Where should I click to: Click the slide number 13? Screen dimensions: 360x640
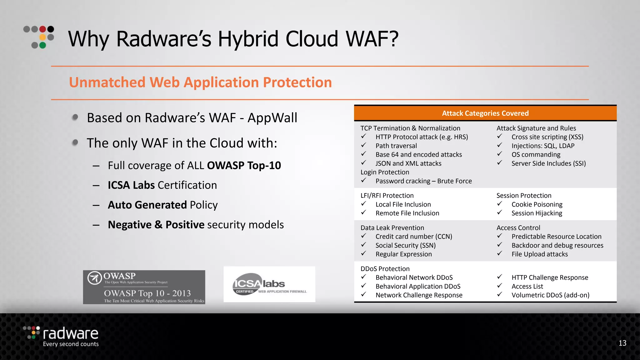point(622,343)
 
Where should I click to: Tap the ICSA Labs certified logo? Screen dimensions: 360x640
point(269,284)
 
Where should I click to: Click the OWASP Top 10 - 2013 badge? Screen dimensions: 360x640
point(144,287)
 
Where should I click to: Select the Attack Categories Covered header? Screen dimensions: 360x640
point(485,113)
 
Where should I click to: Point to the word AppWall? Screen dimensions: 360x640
point(272,118)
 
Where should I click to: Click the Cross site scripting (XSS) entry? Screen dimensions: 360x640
point(547,137)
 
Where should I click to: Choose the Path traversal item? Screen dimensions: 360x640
point(396,146)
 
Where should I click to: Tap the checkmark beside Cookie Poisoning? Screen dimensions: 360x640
point(500,204)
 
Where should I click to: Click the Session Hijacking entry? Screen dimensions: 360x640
point(537,213)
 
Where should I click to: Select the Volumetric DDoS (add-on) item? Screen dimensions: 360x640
point(550,295)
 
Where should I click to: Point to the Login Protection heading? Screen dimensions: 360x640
point(385,172)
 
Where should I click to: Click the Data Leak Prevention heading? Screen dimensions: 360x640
point(392,228)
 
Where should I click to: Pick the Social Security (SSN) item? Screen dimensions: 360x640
point(405,245)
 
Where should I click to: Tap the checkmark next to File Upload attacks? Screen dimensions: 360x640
point(500,253)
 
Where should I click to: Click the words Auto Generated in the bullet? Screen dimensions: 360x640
point(147,205)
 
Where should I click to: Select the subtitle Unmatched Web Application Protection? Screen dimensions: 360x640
point(200,82)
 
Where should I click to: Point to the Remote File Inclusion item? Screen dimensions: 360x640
point(407,213)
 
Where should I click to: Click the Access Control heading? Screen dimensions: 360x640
point(518,228)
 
